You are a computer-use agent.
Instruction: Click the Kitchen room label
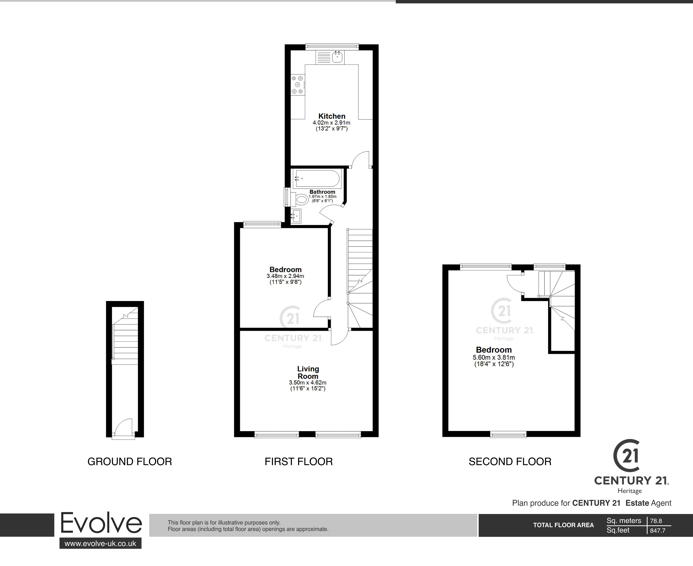tap(332, 116)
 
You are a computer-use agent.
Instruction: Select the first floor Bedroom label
tap(285, 270)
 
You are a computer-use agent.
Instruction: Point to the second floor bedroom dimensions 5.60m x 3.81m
tap(494, 357)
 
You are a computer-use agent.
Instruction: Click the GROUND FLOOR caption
tap(130, 462)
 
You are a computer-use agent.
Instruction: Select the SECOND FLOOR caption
tap(510, 462)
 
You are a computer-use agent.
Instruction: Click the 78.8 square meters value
tap(656, 521)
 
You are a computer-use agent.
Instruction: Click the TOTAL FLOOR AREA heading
tap(563, 525)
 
